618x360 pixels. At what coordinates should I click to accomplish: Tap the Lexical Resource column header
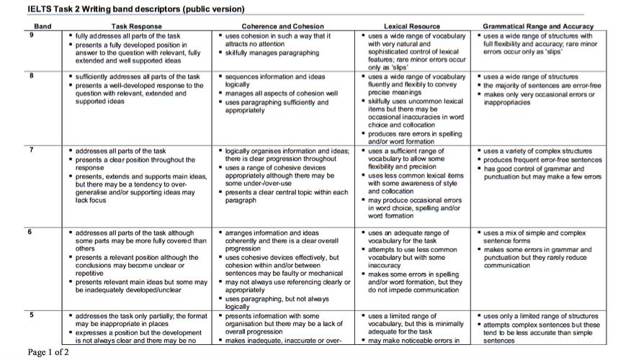(412, 27)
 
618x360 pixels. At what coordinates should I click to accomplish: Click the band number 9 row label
(32, 35)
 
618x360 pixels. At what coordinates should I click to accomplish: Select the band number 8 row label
(32, 76)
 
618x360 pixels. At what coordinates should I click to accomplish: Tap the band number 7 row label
(32, 150)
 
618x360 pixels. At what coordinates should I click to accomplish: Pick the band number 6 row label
(32, 233)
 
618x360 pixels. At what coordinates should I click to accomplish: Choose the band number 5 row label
(32, 315)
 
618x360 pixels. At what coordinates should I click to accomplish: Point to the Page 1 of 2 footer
(49, 352)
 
